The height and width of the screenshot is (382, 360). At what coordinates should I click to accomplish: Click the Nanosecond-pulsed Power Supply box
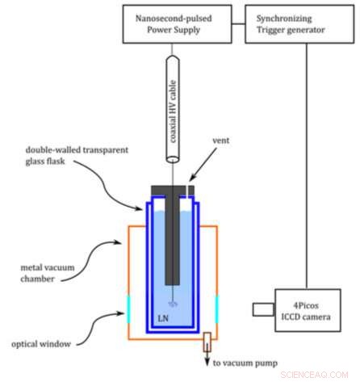177,24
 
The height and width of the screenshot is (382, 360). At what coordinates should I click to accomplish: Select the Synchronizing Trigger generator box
299,24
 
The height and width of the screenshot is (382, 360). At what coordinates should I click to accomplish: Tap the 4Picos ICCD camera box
308,310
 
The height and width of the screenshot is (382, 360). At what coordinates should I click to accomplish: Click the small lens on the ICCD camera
263,309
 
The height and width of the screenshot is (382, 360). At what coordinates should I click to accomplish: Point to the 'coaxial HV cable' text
173,111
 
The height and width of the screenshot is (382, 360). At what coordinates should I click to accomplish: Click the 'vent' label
221,141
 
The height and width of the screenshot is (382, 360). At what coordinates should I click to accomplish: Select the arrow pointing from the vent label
203,165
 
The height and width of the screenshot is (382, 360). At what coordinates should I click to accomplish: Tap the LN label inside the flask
163,318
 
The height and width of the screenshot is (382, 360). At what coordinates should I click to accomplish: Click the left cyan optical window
128,309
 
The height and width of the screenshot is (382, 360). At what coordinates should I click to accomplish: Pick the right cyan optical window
216,309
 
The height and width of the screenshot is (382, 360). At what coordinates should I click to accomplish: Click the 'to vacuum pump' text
245,363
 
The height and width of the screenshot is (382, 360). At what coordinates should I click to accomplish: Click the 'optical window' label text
41,344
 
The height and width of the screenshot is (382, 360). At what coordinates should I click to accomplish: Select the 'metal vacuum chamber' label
48,273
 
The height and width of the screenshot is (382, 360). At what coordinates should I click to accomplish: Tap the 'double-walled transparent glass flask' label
77,155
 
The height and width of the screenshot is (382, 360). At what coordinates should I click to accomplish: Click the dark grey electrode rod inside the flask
172,240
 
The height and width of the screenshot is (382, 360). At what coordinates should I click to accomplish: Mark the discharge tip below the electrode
173,304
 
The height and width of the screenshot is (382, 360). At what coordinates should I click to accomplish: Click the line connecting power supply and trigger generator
238,24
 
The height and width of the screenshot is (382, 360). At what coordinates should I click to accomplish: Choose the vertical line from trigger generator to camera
306,166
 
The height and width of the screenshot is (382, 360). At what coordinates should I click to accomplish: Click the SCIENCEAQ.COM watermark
314,375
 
